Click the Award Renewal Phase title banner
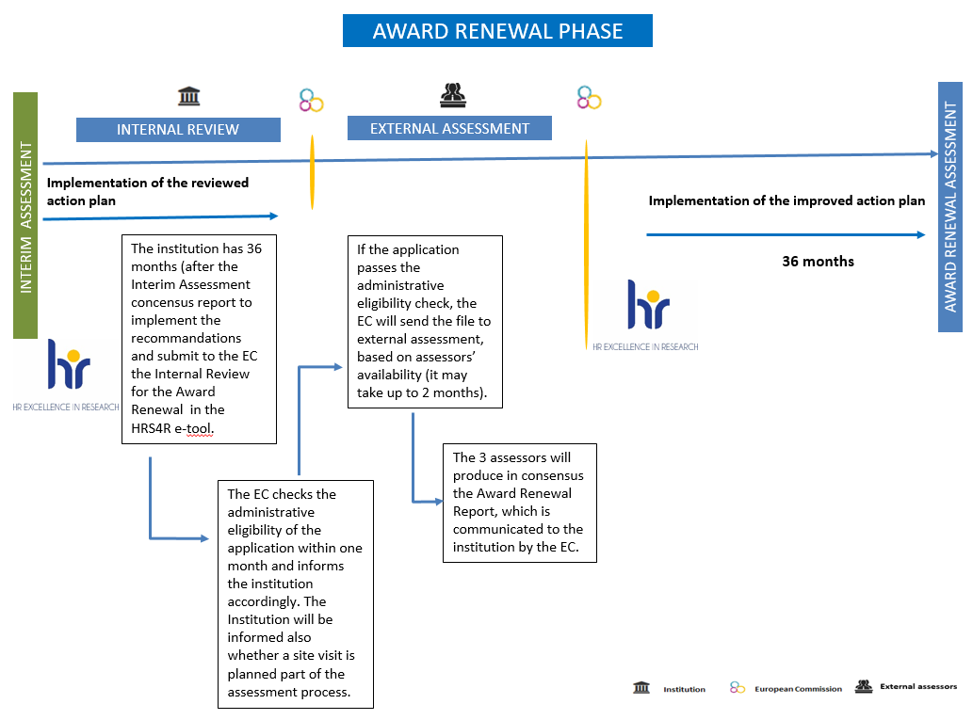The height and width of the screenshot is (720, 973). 497,30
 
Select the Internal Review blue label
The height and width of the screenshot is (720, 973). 178,130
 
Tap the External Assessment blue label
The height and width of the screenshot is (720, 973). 449,128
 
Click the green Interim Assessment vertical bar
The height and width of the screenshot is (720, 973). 25,216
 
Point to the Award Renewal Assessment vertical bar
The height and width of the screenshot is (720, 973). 950,206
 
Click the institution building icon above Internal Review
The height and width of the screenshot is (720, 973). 189,96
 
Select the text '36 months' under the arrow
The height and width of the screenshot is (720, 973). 818,261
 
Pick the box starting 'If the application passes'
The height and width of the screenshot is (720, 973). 425,321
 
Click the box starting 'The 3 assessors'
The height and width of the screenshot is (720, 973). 519,503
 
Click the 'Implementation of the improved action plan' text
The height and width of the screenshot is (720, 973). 787,200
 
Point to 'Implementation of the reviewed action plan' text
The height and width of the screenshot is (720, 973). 148,191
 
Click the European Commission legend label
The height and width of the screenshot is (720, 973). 798,689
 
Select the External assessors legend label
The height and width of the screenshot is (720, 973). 917,686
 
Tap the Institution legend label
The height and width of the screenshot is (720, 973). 684,689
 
